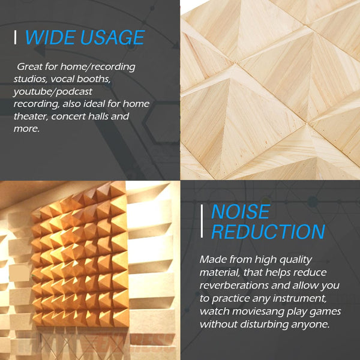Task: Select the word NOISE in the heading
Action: pos(241,211)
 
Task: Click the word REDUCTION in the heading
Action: pos(268,232)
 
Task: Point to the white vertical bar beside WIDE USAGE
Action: pos(16,37)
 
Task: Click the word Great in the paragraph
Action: pos(31,66)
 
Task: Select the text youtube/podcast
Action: pos(53,91)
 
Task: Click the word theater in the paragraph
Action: pos(30,116)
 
